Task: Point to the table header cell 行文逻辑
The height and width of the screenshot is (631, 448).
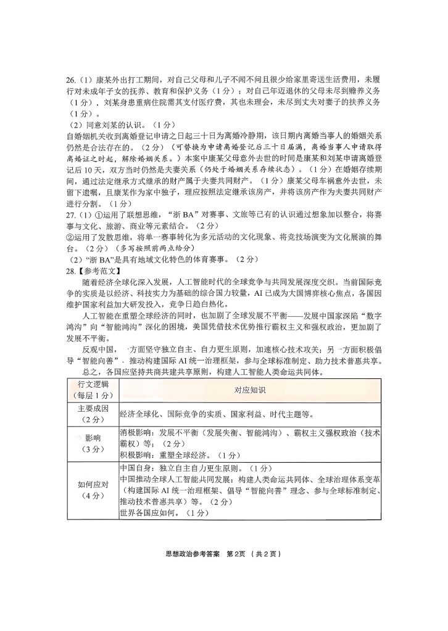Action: [92, 385]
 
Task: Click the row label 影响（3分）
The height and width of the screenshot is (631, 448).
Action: [92, 443]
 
